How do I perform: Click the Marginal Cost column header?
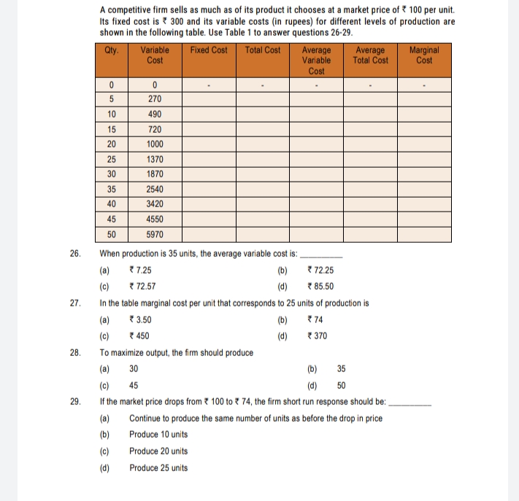(x=424, y=55)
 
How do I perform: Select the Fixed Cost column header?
(x=208, y=50)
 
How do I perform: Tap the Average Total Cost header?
(x=370, y=55)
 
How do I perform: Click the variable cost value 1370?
(x=155, y=159)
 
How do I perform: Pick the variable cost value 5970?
(x=155, y=235)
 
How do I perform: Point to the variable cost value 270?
(x=155, y=98)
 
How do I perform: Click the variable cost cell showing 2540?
(x=155, y=190)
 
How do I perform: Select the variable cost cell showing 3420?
(x=155, y=205)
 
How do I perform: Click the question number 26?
(x=75, y=254)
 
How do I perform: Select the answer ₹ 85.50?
(x=321, y=286)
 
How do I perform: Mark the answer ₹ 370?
(x=318, y=335)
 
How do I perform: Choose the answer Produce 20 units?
(x=158, y=451)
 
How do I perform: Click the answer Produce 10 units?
(x=158, y=434)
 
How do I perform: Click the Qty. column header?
(x=112, y=50)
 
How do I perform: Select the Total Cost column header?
(x=263, y=50)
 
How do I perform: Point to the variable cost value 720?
(x=155, y=129)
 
